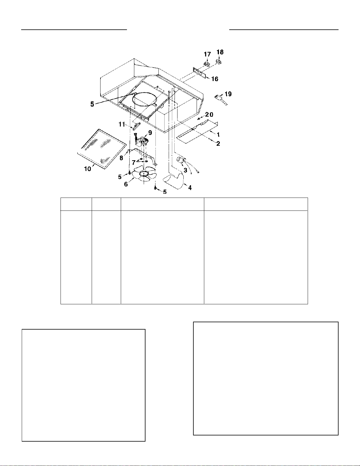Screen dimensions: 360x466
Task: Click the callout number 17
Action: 207,54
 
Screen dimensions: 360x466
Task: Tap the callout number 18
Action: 220,52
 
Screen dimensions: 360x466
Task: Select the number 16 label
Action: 215,79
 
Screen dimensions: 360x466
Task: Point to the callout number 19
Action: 228,94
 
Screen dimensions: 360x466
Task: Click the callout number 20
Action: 209,115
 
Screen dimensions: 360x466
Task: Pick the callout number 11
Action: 122,124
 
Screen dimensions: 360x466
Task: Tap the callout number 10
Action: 88,169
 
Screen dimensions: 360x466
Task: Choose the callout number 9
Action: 150,133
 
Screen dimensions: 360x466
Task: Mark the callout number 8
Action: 121,158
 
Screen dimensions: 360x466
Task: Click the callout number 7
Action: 134,163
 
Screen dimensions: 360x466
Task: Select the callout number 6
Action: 126,184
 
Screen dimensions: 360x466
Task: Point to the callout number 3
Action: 185,170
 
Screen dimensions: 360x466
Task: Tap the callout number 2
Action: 218,143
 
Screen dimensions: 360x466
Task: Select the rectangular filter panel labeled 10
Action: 102,149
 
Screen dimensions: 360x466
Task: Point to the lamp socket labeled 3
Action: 179,160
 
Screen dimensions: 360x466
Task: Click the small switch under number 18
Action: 219,62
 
